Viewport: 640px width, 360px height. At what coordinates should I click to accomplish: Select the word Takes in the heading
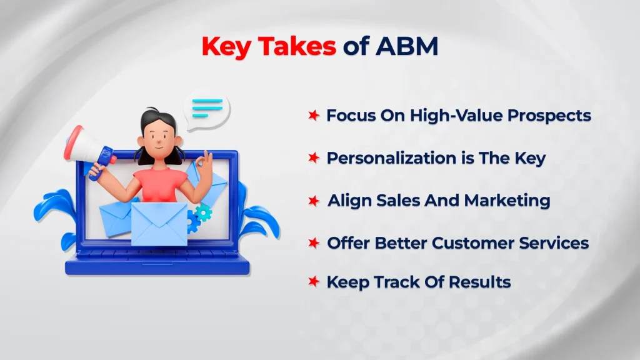[x=297, y=47]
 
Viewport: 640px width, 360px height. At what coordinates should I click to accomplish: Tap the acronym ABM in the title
[x=406, y=47]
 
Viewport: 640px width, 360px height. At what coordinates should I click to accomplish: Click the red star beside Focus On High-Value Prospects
[x=314, y=116]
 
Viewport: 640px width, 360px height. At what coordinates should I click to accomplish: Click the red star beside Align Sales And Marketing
[x=314, y=201]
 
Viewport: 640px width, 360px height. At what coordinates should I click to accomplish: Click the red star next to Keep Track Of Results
[x=314, y=282]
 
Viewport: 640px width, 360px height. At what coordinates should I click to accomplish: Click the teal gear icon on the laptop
[x=203, y=214]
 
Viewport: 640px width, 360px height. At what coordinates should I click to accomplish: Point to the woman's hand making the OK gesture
[x=201, y=166]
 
